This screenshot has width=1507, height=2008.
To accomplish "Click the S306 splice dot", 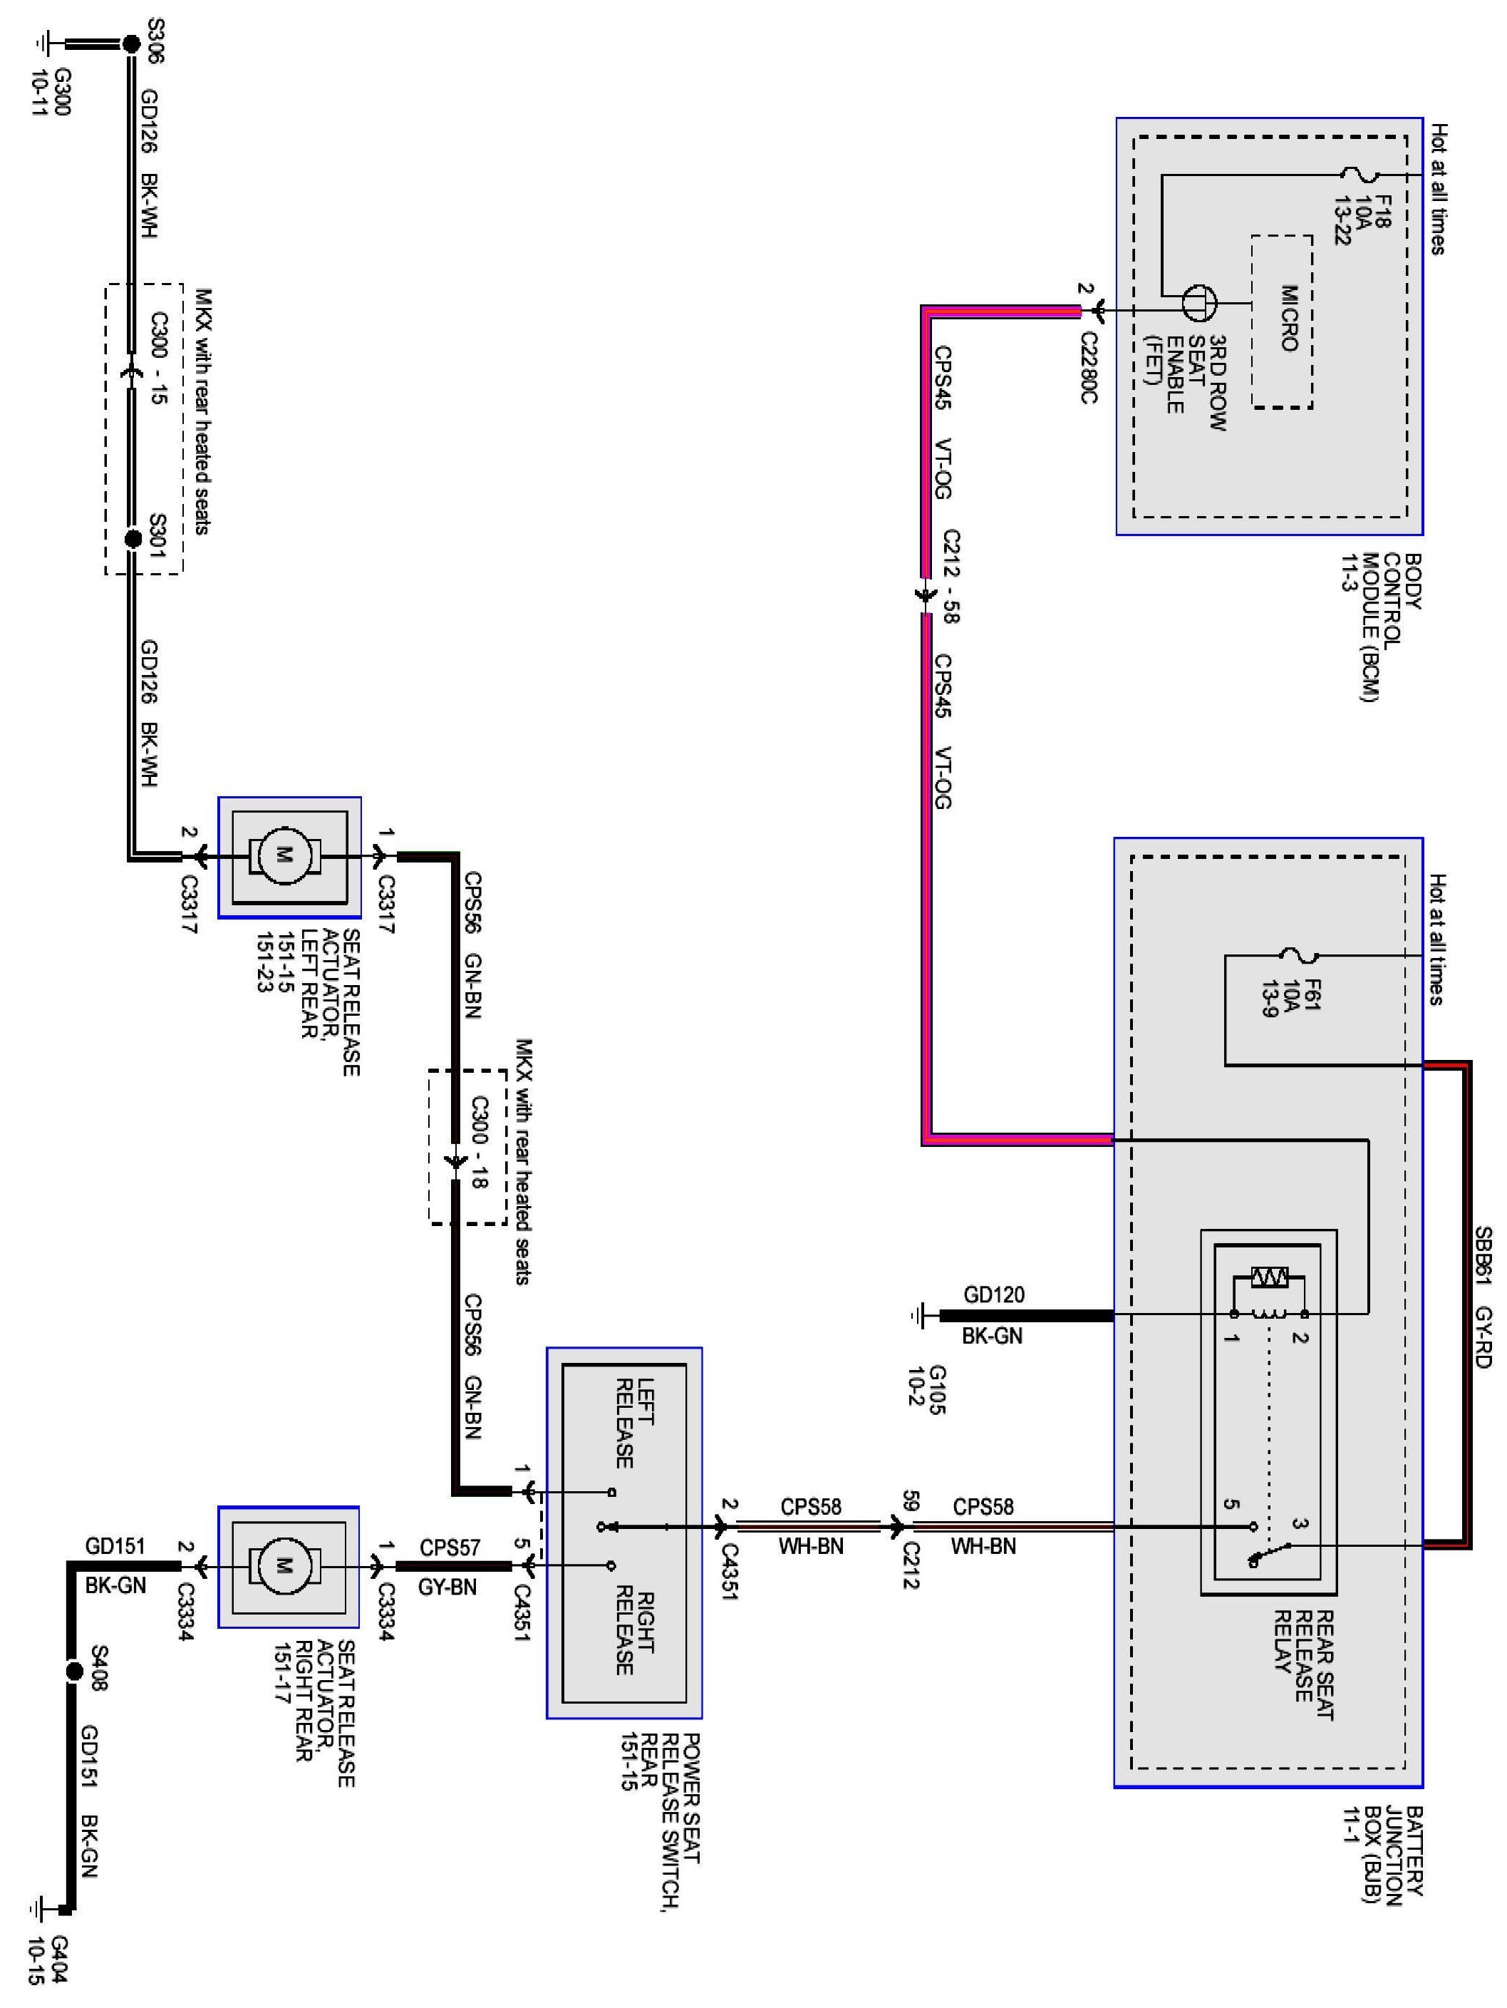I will click(132, 43).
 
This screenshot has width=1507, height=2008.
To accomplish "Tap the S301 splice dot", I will click(133, 538).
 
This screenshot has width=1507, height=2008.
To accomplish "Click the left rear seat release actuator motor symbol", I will click(283, 855).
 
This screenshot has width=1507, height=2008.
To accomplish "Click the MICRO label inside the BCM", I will click(1288, 318).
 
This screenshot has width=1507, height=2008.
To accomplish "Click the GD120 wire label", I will click(993, 1294).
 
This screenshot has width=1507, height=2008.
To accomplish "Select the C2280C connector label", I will click(1089, 368).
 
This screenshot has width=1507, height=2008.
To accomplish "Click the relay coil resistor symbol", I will click(1268, 1277).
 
